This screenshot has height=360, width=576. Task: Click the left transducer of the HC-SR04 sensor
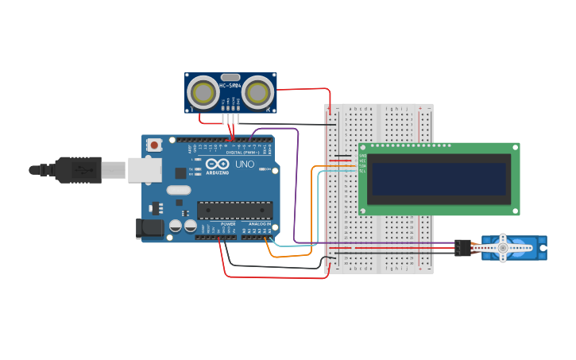coord(204,94)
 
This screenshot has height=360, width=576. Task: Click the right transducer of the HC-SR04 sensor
coord(257,94)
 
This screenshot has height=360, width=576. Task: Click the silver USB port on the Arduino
coord(145,170)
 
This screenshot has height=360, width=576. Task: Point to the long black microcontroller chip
coord(235,210)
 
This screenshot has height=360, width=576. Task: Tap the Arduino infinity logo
coord(217,165)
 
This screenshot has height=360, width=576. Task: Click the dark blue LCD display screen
coord(437,178)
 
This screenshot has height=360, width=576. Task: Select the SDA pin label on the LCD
coord(362,165)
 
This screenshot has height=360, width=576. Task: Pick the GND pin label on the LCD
coord(362,156)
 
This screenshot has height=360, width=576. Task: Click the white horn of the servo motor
coord(503,247)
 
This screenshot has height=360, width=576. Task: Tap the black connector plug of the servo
coord(462,247)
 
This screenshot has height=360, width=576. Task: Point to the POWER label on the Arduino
coord(228,225)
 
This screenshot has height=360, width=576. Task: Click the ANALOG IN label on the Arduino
coord(258,225)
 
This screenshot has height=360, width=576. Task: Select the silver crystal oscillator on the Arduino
coord(179,190)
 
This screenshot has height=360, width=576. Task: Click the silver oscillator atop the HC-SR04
coord(230,77)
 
